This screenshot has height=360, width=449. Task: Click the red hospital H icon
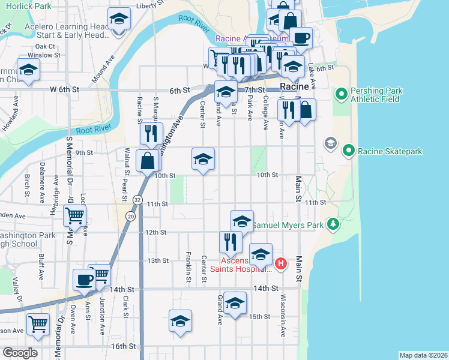pyautogui.click(x=280, y=263)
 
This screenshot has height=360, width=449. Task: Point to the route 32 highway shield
pyautogui.click(x=138, y=200)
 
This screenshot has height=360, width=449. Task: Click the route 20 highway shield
pyautogui.click(x=130, y=215)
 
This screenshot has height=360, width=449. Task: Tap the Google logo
pyautogui.click(x=19, y=353)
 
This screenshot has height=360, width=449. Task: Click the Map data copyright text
pyautogui.click(x=423, y=355)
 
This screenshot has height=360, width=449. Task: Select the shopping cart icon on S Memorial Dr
pyautogui.click(x=74, y=215)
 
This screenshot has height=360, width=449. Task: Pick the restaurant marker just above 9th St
pyautogui.click(x=151, y=133)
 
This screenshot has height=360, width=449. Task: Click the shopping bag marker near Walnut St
pyautogui.click(x=148, y=161)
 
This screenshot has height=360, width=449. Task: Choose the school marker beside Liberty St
pyautogui.click(x=119, y=19)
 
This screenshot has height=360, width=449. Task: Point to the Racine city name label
pyautogui.click(x=295, y=87)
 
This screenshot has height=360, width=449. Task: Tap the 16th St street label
pyautogui.click(x=123, y=346)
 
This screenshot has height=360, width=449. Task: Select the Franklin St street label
pyautogui.click(x=188, y=263)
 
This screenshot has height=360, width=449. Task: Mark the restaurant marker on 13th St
pyautogui.click(x=231, y=241)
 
